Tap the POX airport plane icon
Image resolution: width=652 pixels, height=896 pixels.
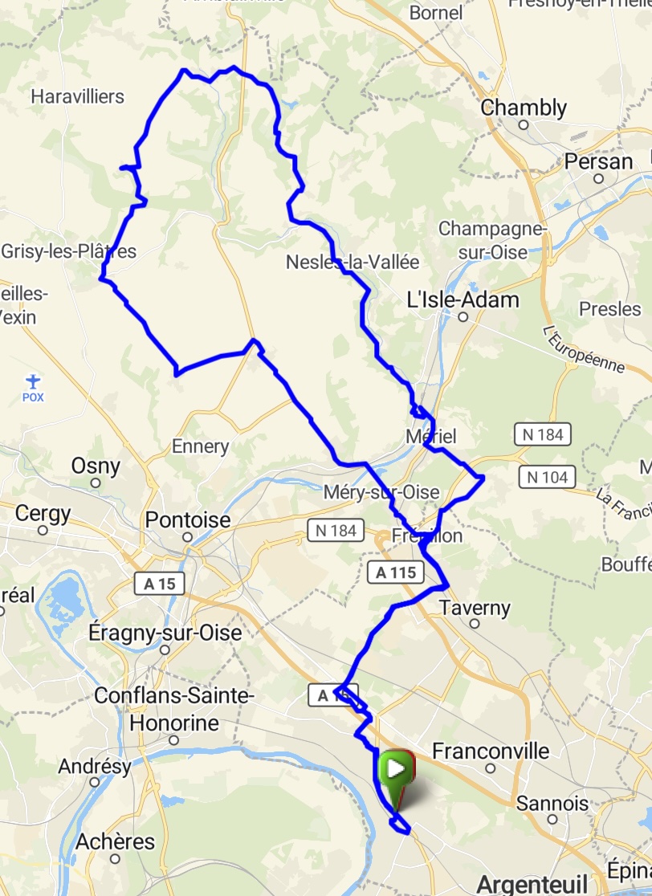(32, 381)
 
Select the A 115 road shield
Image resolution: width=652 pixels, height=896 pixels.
(396, 572)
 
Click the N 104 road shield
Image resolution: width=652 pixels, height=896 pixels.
(547, 477)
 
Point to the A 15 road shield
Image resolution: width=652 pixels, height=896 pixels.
(155, 583)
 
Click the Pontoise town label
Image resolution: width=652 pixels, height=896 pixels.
(188, 520)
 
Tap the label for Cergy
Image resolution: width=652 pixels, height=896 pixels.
(43, 513)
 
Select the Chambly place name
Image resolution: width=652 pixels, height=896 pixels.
(524, 108)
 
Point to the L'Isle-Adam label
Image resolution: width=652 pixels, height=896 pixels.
(463, 300)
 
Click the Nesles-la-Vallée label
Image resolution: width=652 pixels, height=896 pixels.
(352, 263)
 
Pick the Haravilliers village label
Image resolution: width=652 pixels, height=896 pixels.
(77, 96)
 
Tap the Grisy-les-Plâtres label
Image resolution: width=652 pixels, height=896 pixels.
(68, 251)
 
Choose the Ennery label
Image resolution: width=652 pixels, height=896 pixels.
(201, 446)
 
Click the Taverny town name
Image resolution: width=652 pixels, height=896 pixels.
(475, 608)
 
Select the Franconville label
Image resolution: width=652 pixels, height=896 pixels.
(491, 751)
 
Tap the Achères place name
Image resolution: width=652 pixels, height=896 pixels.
(115, 842)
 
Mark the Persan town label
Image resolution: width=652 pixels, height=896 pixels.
(598, 161)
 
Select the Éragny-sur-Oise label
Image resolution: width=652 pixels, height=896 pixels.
(166, 633)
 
